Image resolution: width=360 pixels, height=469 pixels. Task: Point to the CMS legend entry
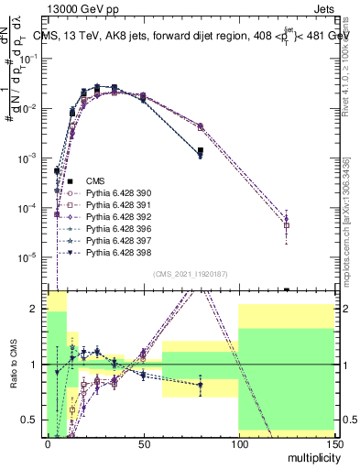coord(95,181)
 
